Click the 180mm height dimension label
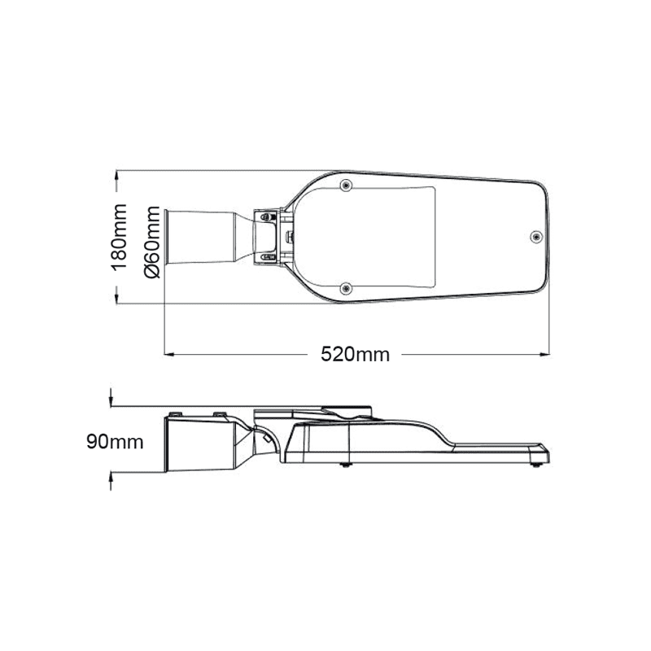pyautogui.click(x=120, y=237)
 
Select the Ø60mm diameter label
pyautogui.click(x=151, y=242)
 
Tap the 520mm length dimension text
pyautogui.click(x=355, y=354)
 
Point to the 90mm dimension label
pyautogui.click(x=115, y=442)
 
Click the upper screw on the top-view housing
pyautogui.click(x=347, y=186)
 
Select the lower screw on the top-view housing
pyautogui.click(x=347, y=286)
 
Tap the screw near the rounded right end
pyautogui.click(x=535, y=236)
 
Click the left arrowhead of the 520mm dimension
pyautogui.click(x=169, y=354)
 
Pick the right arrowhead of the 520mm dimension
pyautogui.click(x=543, y=354)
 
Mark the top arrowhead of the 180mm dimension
pyautogui.click(x=119, y=175)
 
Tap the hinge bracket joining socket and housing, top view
pyautogui.click(x=273, y=236)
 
